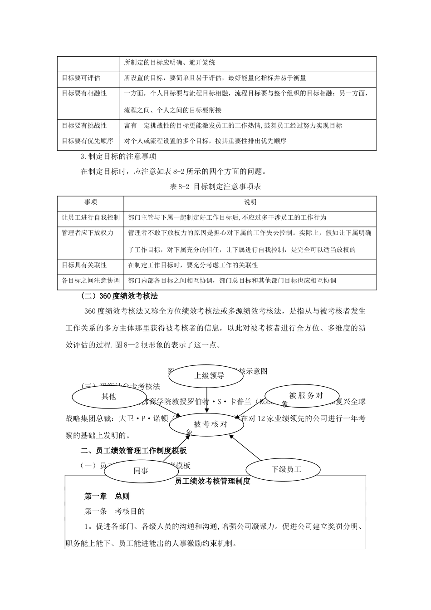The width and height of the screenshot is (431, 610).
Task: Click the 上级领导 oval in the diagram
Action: pos(209,375)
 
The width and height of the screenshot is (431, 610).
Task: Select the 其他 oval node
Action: pos(108,396)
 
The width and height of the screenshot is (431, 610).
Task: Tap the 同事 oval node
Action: pos(141,471)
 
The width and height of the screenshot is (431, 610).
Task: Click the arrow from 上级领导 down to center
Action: pos(207,399)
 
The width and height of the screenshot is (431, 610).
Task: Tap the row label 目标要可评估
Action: pos(81,78)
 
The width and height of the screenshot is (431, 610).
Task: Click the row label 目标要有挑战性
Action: pos(84,126)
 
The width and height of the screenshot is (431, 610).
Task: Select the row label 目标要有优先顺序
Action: pos(88,141)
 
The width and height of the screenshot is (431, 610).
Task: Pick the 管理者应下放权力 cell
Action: pos(88,233)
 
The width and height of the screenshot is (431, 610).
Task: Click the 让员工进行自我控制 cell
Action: pos(91,217)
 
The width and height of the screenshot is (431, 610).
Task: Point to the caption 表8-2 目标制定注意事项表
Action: pos(215,187)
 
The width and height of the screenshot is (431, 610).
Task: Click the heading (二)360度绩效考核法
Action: pos(119,296)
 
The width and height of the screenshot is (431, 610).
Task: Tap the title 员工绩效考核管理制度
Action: pos(212,481)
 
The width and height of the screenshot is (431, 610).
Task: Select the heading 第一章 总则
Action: pos(107,496)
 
